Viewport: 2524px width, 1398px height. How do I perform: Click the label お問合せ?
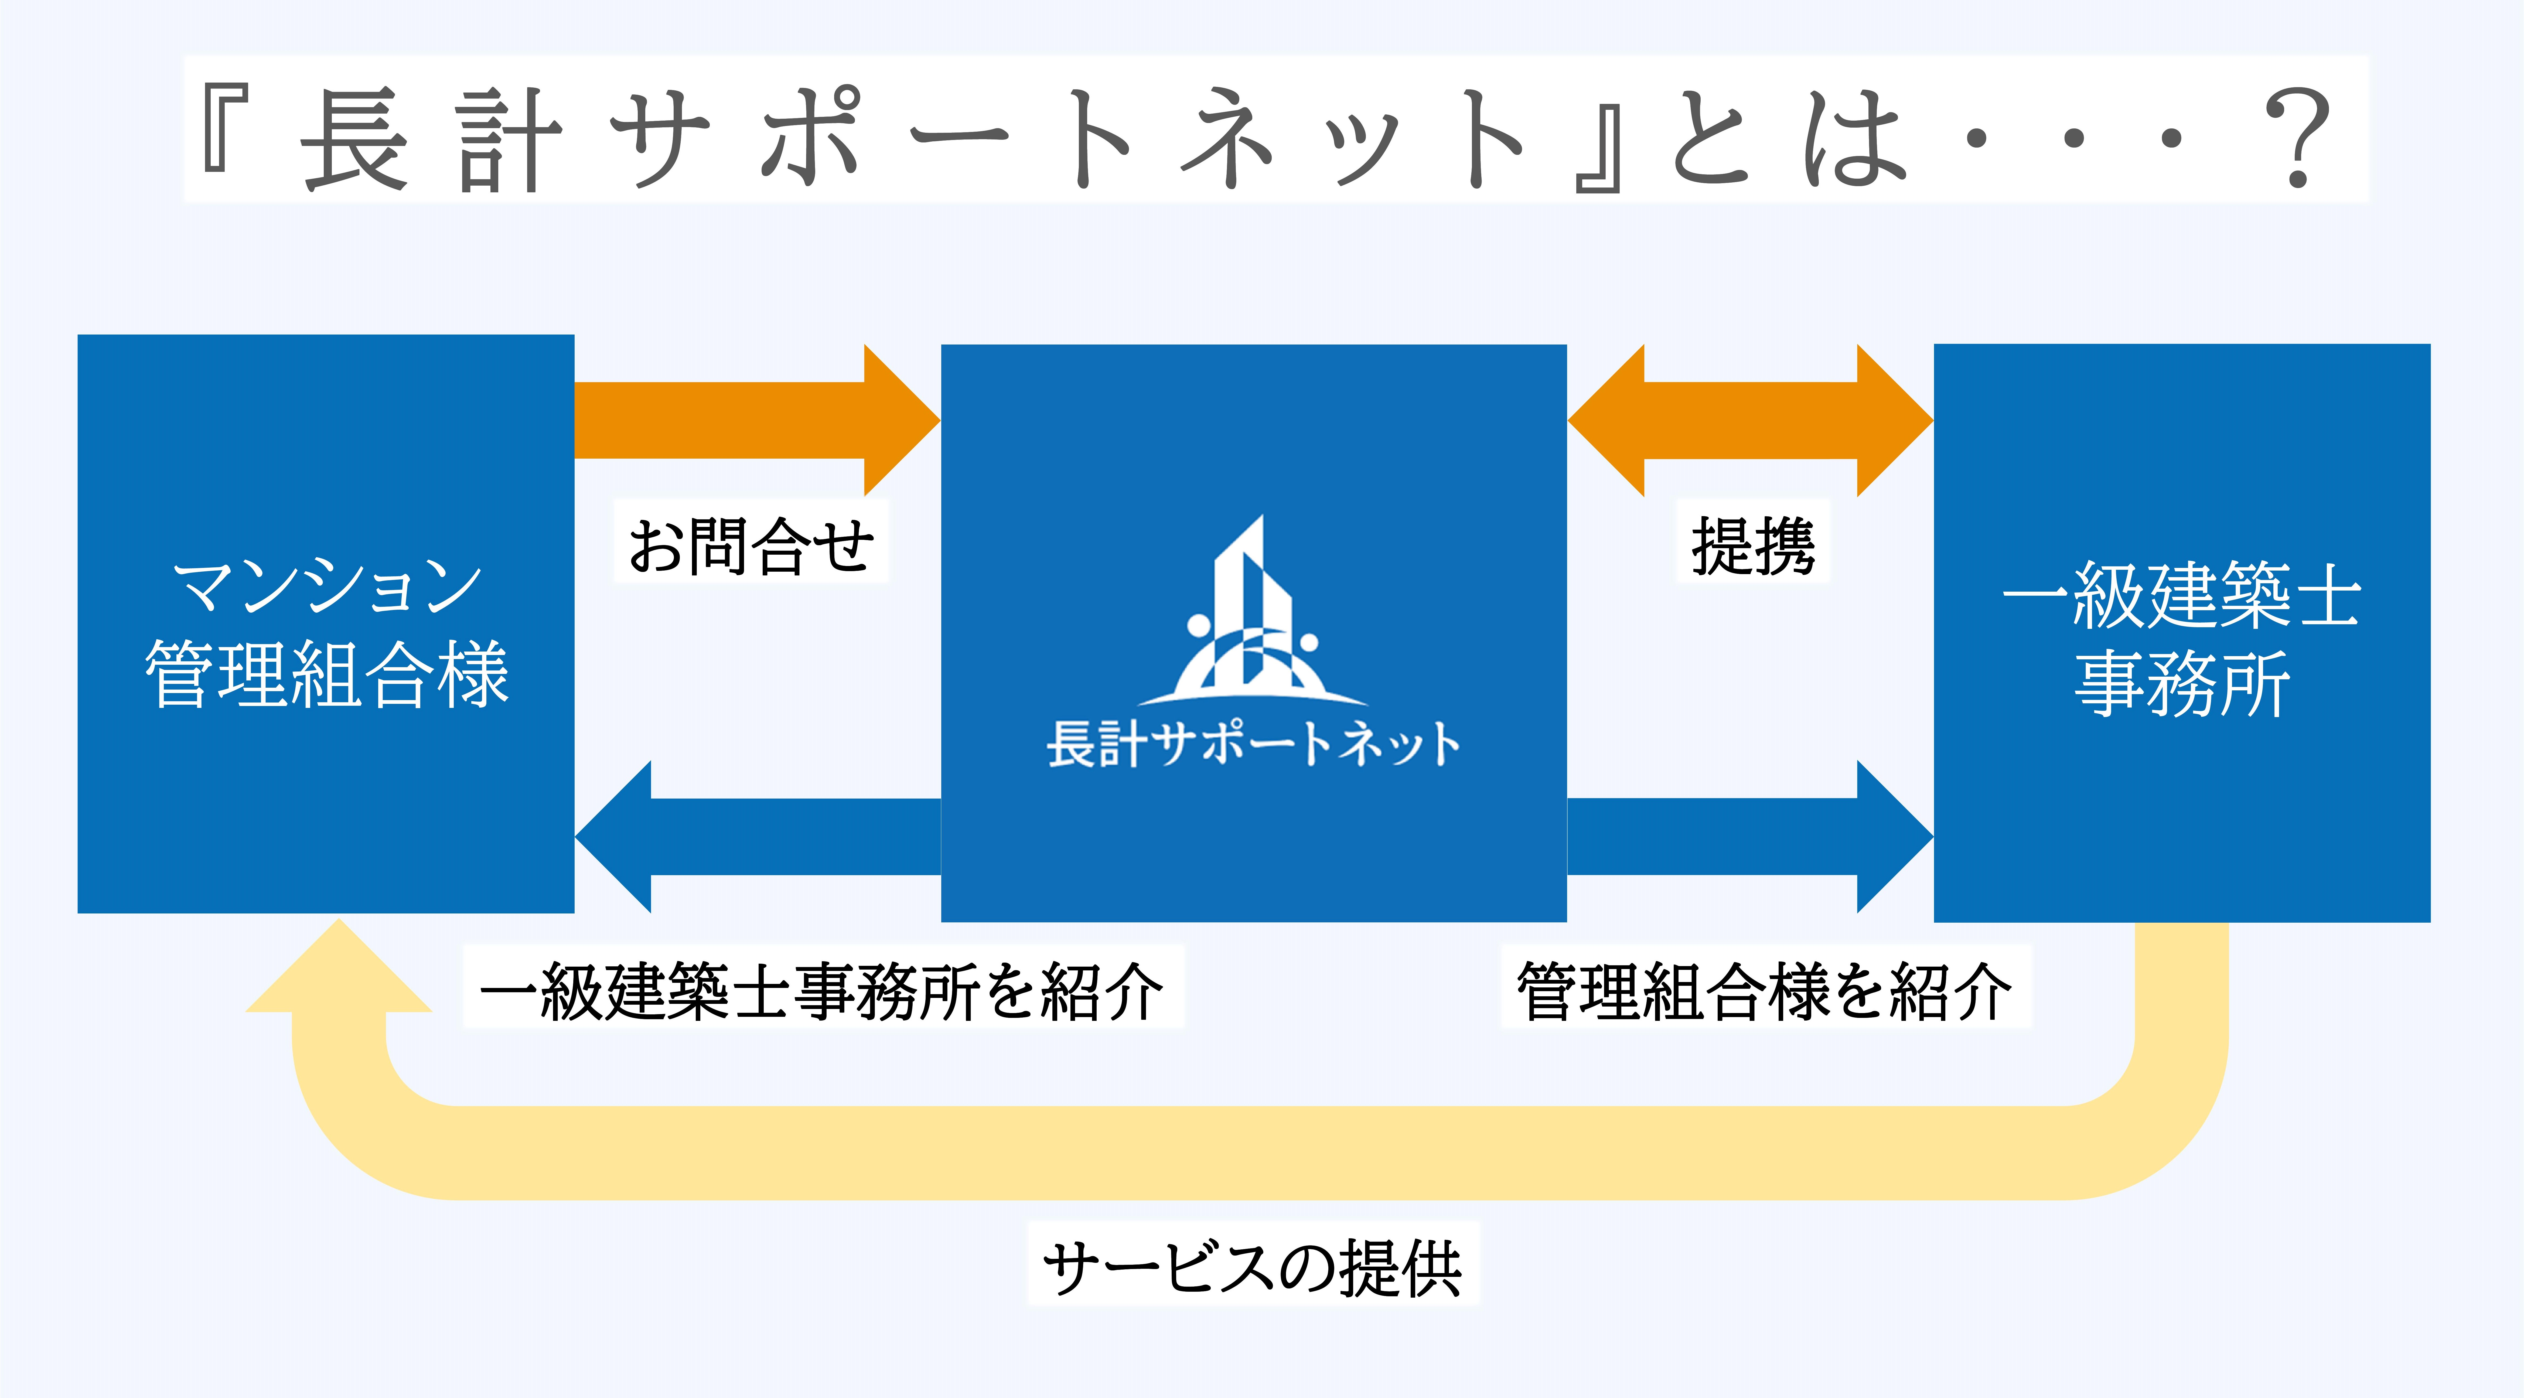751,545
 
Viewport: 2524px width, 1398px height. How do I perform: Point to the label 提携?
1753,545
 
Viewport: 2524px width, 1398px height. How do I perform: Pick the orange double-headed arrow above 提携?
1750,420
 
